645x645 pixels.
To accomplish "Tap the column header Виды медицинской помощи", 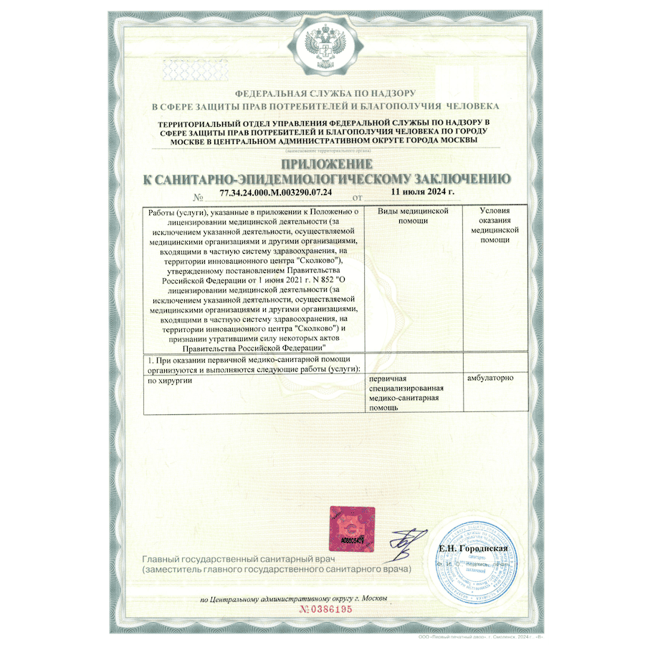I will tap(408, 216).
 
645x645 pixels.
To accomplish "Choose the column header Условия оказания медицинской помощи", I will tap(495, 226).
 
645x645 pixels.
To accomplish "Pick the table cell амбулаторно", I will tap(489, 378).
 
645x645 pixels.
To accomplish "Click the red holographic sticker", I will tap(347, 527).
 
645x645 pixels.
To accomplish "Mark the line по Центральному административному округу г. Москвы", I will tap(294, 598).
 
